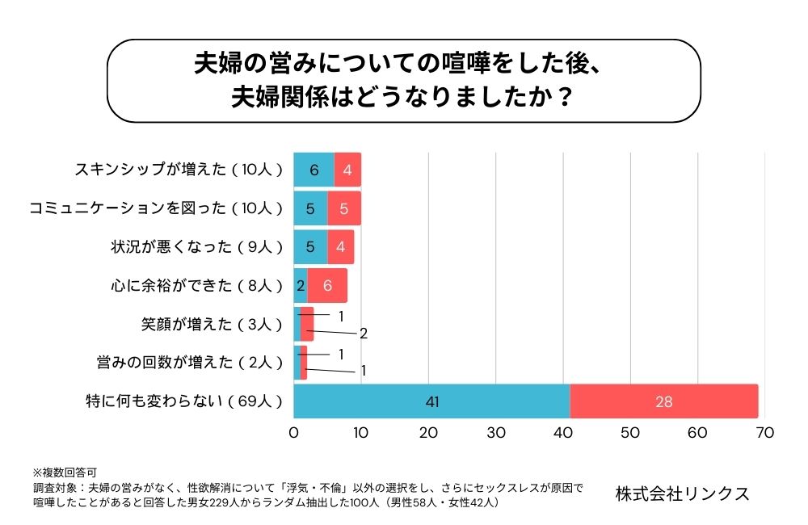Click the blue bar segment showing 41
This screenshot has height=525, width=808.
click(431, 401)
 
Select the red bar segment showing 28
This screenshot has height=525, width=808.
click(664, 401)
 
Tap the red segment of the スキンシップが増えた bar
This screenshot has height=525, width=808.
click(347, 170)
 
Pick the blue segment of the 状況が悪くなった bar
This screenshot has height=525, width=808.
click(310, 246)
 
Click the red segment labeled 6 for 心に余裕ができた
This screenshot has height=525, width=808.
click(327, 285)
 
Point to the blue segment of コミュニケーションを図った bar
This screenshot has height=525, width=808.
click(310, 208)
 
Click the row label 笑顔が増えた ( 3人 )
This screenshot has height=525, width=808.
click(212, 324)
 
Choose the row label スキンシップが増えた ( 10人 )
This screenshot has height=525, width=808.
click(179, 170)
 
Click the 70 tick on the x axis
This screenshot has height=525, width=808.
click(764, 433)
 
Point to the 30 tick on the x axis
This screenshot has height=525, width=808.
click(495, 433)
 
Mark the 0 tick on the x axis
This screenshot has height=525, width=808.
click(294, 433)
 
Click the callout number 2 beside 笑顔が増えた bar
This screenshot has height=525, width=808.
click(364, 334)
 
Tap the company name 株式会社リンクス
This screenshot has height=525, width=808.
click(682, 493)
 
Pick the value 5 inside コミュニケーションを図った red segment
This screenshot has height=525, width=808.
click(344, 208)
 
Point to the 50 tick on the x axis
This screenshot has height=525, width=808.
click(629, 433)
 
